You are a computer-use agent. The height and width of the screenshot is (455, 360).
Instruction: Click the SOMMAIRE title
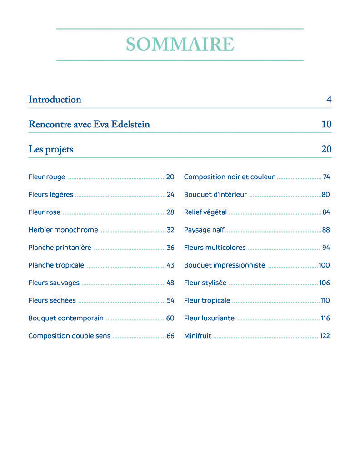click(x=180, y=44)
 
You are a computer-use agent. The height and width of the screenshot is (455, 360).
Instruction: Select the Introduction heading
click(x=55, y=100)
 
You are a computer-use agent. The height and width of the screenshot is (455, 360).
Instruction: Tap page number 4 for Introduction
click(x=329, y=100)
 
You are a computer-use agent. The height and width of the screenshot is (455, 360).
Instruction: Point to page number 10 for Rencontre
click(x=326, y=124)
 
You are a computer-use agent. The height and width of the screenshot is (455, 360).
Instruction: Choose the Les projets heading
click(x=50, y=149)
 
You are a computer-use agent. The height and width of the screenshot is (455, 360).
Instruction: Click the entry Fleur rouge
click(x=47, y=177)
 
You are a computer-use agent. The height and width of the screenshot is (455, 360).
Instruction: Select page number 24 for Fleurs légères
click(x=170, y=195)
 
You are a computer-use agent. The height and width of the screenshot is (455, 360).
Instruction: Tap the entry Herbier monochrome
click(x=63, y=230)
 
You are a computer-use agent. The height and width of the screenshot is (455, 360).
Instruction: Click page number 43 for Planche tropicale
click(x=170, y=265)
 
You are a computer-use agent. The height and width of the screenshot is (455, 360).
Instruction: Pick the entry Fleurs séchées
click(x=52, y=300)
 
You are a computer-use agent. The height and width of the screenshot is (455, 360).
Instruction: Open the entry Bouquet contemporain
click(x=66, y=318)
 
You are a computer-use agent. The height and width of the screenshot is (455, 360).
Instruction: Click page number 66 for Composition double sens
click(x=170, y=336)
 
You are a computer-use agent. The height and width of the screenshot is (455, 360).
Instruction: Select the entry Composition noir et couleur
click(x=229, y=177)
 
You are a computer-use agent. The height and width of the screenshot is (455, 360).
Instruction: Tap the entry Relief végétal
click(x=205, y=212)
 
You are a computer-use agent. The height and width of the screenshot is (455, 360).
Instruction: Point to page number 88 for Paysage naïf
click(x=326, y=230)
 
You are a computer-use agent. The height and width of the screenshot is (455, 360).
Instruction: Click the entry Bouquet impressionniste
click(x=225, y=265)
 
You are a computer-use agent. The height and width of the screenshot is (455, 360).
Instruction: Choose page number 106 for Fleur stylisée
click(x=325, y=283)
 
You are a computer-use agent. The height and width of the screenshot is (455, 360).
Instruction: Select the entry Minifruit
click(x=198, y=336)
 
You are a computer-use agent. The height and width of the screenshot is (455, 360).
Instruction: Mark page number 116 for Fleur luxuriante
click(x=325, y=318)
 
